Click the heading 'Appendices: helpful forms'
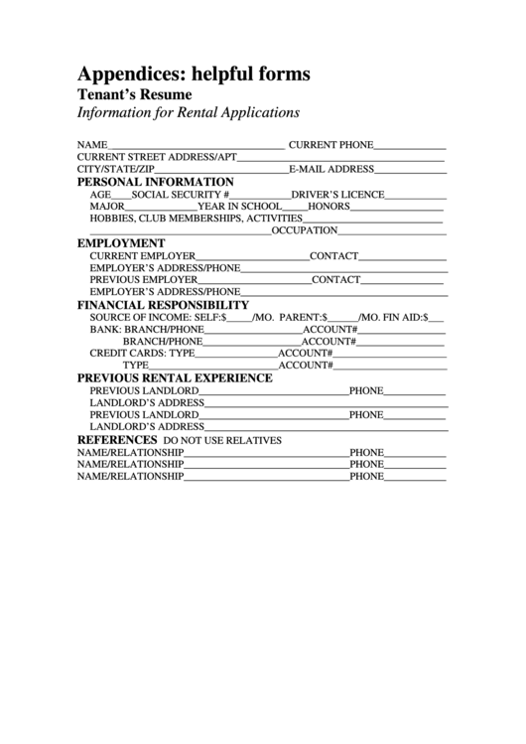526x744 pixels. click(194, 74)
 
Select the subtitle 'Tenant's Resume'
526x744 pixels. click(134, 94)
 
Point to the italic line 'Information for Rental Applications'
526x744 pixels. click(188, 113)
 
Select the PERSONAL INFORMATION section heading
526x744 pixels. click(156, 182)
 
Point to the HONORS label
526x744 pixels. click(329, 206)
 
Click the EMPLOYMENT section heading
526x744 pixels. click(121, 242)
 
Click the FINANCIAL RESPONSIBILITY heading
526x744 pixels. click(163, 304)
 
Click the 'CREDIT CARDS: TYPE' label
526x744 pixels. click(142, 353)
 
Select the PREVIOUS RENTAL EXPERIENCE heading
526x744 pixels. click(175, 377)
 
